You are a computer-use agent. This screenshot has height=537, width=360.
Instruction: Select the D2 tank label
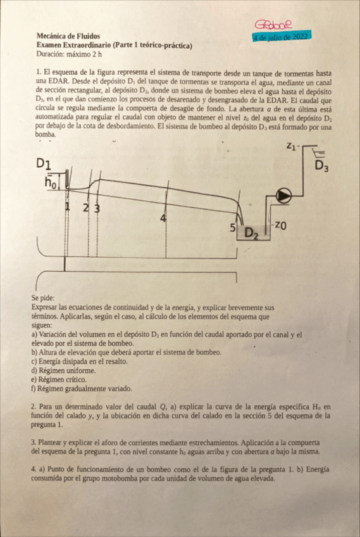252,234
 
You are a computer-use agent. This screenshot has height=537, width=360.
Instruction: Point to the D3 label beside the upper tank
323,167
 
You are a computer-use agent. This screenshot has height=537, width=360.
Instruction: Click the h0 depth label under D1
51,183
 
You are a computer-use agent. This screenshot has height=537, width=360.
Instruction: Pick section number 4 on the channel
163,218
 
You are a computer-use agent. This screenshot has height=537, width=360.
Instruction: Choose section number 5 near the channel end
233,226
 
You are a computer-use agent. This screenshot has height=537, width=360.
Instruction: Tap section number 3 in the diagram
97,208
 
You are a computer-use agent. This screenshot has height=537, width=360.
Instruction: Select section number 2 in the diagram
86,208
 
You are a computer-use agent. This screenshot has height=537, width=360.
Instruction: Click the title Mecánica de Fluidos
68,37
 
